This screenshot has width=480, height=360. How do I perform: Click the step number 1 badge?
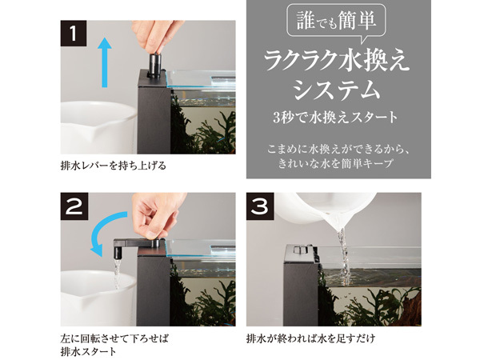click(x=74, y=34)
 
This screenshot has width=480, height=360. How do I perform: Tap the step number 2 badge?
click(x=74, y=206)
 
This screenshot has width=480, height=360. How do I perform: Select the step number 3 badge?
click(x=260, y=206)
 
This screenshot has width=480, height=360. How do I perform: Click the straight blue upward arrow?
click(x=105, y=62)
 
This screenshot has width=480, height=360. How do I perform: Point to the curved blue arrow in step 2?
click(x=106, y=228)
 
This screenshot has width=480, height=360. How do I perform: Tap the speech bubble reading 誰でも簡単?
click(x=336, y=22)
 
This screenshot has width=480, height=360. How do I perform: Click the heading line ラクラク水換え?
click(x=336, y=62)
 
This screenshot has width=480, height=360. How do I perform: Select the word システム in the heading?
click(x=336, y=90)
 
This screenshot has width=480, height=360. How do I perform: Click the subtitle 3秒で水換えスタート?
click(x=335, y=118)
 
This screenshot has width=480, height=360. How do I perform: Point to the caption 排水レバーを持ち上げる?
click(x=114, y=166)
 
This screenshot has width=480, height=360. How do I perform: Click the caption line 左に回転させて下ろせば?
click(x=114, y=339)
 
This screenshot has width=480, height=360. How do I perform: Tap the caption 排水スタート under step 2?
click(x=89, y=351)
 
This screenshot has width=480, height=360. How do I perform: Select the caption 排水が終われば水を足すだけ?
click(x=310, y=339)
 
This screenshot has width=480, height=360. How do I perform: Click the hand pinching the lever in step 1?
click(x=155, y=37)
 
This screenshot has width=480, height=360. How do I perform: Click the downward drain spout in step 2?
click(x=118, y=252)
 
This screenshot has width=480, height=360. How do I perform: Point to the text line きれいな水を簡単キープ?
click(x=335, y=163)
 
